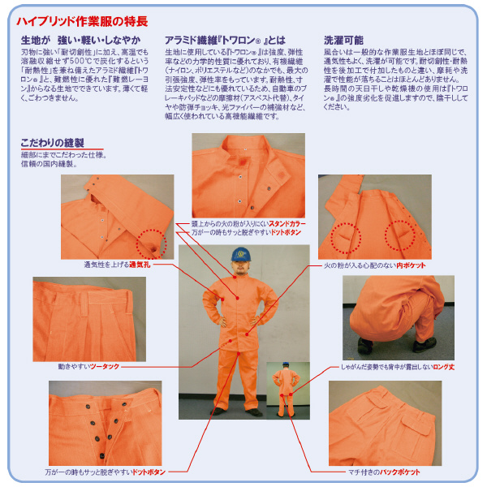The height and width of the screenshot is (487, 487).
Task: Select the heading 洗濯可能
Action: [x=343, y=40]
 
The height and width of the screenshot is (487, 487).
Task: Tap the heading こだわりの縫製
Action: [x=51, y=144]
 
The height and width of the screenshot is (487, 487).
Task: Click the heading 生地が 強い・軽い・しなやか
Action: [x=80, y=40]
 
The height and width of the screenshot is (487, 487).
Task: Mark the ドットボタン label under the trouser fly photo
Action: [x=151, y=472]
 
